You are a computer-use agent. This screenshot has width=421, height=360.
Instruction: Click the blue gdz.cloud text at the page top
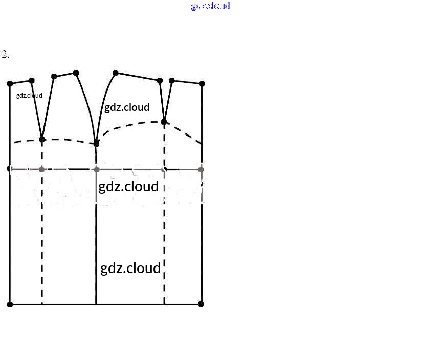pos(210,6)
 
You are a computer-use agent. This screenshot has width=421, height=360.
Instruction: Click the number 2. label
pos(6,55)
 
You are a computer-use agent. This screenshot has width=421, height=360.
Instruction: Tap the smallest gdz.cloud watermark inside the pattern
pos(29,95)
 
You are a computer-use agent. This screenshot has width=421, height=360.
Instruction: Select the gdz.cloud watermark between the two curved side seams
pos(127,107)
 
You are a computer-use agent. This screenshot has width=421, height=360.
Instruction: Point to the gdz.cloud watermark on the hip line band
pos(128,186)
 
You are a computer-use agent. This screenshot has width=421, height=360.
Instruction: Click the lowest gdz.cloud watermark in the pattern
pos(130,268)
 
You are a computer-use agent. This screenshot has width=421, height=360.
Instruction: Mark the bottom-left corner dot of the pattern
pos(10,304)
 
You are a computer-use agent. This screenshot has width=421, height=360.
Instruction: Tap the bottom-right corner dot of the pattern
pos(201,304)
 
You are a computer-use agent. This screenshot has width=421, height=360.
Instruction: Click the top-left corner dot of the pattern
pos(10,83)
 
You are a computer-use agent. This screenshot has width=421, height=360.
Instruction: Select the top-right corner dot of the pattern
pos(202,83)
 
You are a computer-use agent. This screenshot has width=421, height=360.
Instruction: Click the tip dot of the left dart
pos(42,139)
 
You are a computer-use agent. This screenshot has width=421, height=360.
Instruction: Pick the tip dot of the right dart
pos(164,122)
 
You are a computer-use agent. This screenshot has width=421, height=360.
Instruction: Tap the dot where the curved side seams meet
pos(96,144)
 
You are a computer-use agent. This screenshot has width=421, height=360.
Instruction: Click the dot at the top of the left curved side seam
pos(76,73)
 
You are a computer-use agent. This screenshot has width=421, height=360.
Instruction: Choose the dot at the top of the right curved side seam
pos(116,73)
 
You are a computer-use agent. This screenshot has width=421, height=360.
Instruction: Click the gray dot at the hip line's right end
pos(201,169)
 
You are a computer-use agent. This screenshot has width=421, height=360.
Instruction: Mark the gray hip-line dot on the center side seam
pos(96,169)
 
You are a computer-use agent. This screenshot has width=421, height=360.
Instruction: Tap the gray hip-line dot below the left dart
pos(42,169)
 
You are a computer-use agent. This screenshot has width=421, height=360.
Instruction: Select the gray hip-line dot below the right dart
pos(164,169)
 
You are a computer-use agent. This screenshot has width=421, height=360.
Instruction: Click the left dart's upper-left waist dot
pos(32,81)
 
